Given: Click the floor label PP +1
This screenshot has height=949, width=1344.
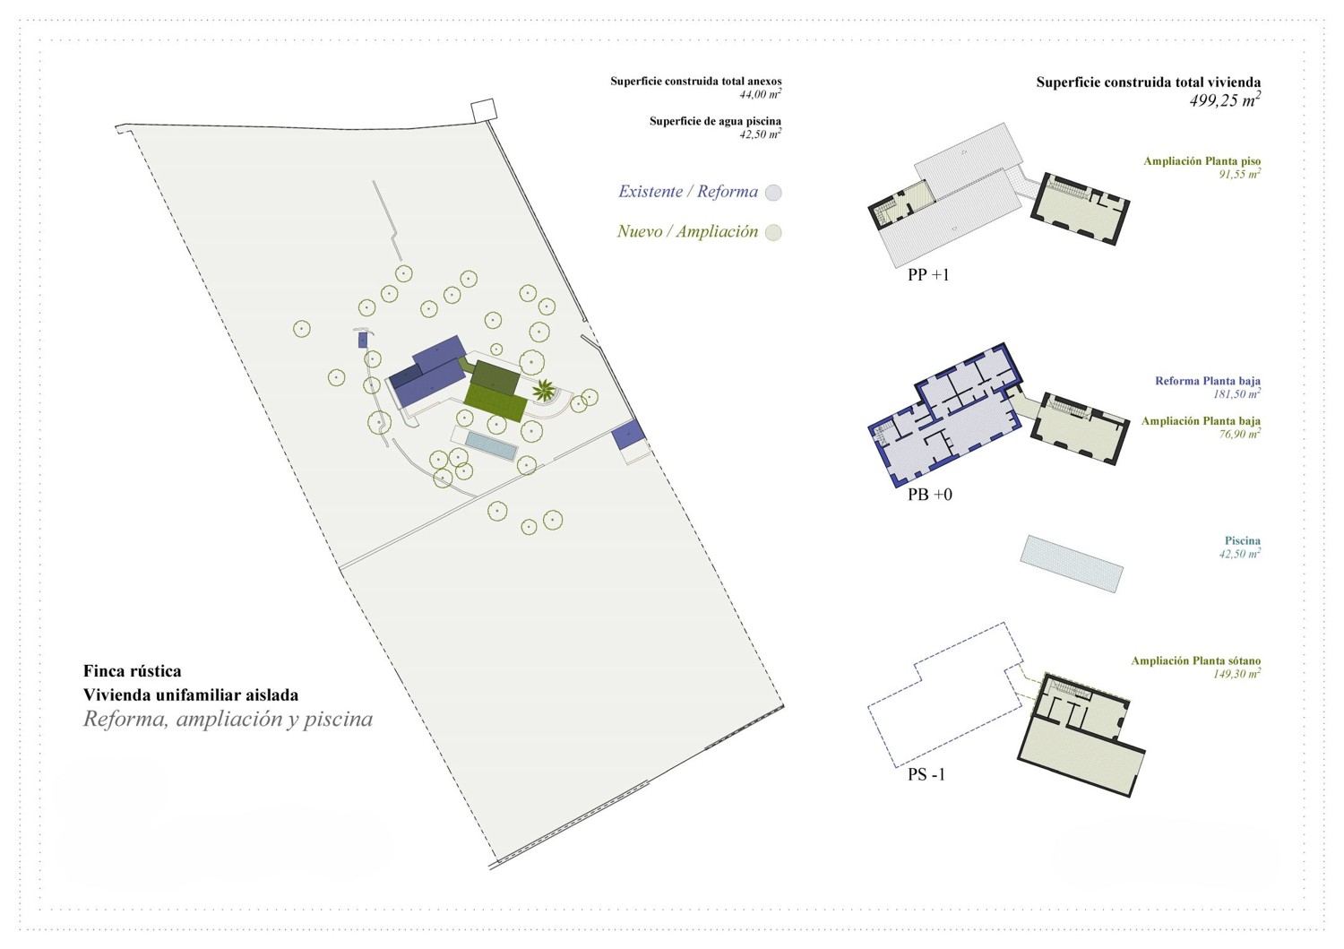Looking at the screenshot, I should tap(927, 275).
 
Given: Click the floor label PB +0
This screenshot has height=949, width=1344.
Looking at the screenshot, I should tap(929, 495).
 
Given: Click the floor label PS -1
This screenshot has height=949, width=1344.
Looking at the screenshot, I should tap(926, 775).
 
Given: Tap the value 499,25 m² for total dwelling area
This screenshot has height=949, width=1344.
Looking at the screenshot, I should tap(1224, 100).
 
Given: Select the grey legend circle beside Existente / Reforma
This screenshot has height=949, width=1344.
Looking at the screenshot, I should tap(773, 193).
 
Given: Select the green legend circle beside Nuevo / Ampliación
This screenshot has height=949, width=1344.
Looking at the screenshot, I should tap(773, 233).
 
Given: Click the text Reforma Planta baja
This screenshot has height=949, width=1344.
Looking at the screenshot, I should tap(1207, 381).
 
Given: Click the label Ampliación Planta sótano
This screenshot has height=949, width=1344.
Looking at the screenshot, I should tap(1195, 660).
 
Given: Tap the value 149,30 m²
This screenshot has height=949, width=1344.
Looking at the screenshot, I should tap(1236, 674).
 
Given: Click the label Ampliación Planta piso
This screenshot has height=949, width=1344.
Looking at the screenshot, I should tap(1202, 161).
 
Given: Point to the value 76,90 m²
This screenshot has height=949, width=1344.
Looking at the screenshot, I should tap(1239, 435).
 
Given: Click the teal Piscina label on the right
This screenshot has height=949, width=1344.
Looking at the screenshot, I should tap(1242, 540).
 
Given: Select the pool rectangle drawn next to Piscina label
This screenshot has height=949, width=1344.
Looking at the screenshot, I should tap(1072, 564).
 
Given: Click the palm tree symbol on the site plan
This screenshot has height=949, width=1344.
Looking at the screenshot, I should tap(543, 390).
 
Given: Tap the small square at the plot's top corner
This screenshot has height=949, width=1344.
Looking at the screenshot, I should tap(483, 110).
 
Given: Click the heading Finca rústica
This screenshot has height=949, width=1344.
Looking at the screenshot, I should tap(132, 671).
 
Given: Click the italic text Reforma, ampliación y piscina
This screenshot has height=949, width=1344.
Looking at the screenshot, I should tap(228, 720).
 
